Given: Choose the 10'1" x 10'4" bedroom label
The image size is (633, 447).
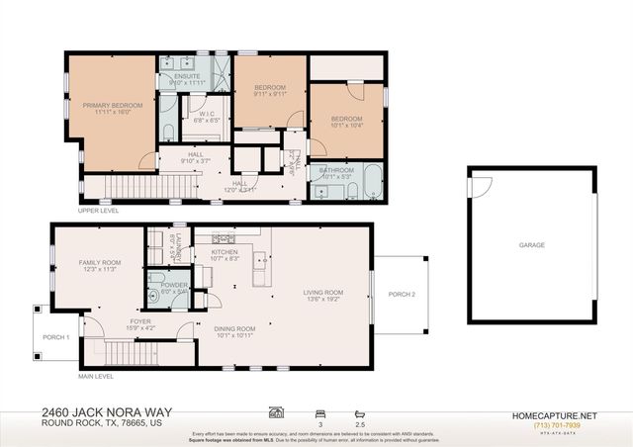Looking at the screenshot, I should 346,121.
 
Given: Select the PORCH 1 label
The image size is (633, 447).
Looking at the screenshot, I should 55,337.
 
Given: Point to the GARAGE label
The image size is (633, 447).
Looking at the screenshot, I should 532,243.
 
